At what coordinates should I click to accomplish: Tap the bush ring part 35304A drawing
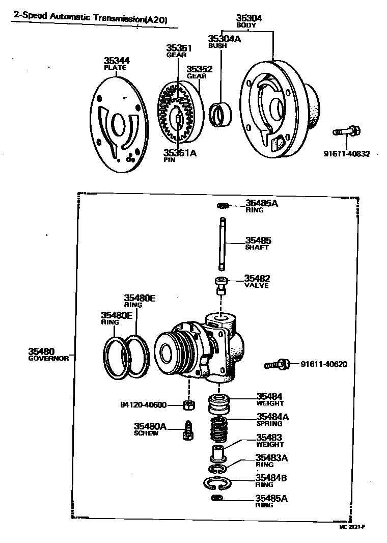click(x=220, y=115)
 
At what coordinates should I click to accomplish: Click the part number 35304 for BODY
click(x=250, y=18)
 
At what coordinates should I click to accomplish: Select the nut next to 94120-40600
click(x=187, y=405)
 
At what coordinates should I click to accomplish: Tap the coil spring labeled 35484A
click(x=220, y=428)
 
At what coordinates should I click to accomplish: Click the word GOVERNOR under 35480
click(x=48, y=358)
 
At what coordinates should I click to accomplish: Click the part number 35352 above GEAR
click(x=199, y=69)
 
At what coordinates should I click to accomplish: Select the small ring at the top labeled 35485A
click(x=223, y=205)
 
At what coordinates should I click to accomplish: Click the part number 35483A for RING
click(x=271, y=457)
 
